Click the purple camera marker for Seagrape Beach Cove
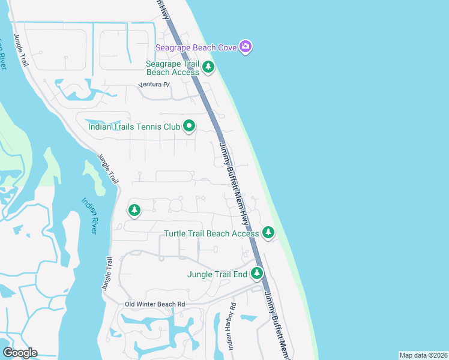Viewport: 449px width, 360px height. [x=245, y=46]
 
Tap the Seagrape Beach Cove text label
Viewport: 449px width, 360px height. [x=196, y=47]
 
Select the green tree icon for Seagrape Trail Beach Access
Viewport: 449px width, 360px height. [x=208, y=67]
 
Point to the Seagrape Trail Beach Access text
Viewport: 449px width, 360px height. [x=173, y=68]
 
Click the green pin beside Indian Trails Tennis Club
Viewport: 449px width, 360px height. [x=189, y=126]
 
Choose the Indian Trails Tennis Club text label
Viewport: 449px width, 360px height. [x=134, y=127]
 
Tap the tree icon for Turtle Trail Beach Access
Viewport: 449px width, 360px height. [x=268, y=232]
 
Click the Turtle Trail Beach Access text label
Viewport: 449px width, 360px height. [x=212, y=233]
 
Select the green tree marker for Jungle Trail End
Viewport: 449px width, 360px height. [x=257, y=274]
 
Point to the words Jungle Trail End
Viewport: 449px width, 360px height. [x=217, y=275]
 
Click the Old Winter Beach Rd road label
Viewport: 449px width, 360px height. [x=155, y=304]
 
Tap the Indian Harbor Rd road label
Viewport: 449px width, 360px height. [x=232, y=318]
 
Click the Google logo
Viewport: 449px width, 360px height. [x=20, y=352]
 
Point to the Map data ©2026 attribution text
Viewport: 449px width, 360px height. [x=423, y=355]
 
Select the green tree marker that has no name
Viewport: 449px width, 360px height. [x=134, y=210]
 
